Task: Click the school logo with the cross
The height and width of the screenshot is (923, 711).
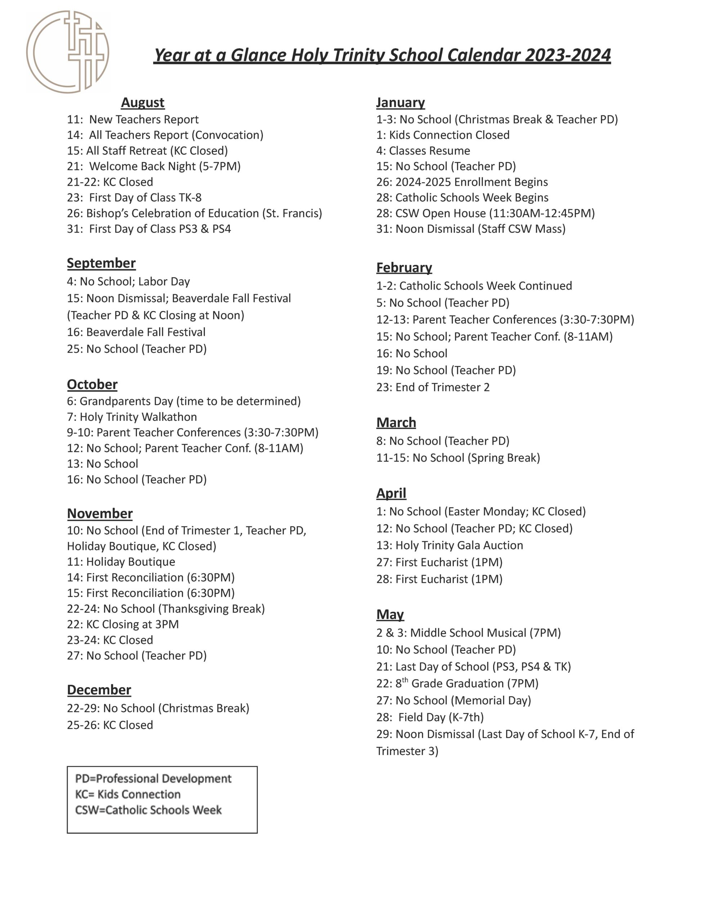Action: (x=68, y=52)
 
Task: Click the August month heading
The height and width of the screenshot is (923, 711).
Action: (x=142, y=102)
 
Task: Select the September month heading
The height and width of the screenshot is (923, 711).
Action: (x=101, y=263)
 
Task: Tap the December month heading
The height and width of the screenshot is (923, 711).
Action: (x=99, y=689)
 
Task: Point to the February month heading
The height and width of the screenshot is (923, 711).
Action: (x=404, y=267)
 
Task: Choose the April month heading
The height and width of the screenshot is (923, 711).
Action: (x=391, y=493)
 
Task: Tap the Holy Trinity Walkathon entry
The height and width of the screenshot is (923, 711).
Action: (x=132, y=417)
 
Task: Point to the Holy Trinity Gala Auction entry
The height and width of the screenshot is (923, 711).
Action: (x=450, y=545)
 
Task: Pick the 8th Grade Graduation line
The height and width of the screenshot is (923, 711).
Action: (x=457, y=683)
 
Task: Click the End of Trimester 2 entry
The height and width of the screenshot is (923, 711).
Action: (x=433, y=387)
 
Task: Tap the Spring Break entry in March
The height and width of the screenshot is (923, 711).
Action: (x=458, y=458)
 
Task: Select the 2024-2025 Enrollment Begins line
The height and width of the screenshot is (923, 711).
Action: (x=462, y=182)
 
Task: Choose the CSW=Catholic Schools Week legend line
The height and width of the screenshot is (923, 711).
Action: (x=148, y=810)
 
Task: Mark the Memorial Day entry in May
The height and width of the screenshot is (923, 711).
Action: (x=453, y=700)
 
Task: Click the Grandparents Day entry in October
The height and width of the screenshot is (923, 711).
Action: (x=184, y=401)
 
